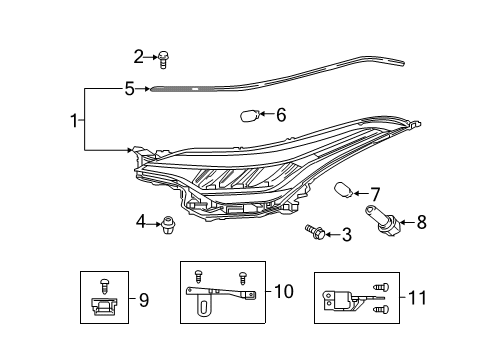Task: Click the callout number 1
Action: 74,120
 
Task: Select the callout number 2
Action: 138,57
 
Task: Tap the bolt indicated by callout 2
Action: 163,60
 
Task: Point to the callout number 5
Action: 129,89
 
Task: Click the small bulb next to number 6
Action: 249,116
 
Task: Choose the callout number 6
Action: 281,115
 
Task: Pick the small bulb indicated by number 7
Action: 343,190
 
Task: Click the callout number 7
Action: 375,194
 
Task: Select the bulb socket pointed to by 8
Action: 382,220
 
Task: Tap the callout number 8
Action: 421,222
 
